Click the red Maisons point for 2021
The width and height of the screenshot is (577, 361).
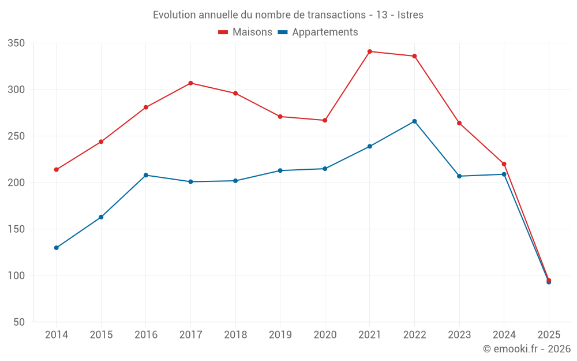coord(370,51)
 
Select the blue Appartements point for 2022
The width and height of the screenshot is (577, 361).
coord(414,121)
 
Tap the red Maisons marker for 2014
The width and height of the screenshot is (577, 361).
coord(57,170)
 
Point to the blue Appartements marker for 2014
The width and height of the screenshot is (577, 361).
coord(57,248)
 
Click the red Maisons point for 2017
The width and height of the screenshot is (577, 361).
coord(190,83)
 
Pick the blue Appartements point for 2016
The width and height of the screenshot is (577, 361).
coord(146,175)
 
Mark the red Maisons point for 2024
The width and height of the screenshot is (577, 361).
coord(504,164)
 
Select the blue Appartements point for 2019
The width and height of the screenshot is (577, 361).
coord(280,170)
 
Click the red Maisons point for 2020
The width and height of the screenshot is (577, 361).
coord(325,120)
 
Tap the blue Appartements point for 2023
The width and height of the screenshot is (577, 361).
coord(459,176)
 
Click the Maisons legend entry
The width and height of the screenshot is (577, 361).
coord(245,32)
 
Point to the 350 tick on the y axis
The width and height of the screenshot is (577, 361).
coord(16,43)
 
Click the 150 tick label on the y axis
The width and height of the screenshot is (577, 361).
coord(16,229)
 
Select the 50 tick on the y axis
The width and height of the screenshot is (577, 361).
coord(19,322)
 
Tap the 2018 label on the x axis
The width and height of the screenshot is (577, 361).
coord(235,335)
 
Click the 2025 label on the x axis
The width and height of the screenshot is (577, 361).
coord(549,335)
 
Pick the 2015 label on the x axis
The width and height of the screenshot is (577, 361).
coord(101,335)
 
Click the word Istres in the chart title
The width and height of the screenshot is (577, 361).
coord(410,15)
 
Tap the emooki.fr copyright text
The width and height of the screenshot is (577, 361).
coord(527,349)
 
